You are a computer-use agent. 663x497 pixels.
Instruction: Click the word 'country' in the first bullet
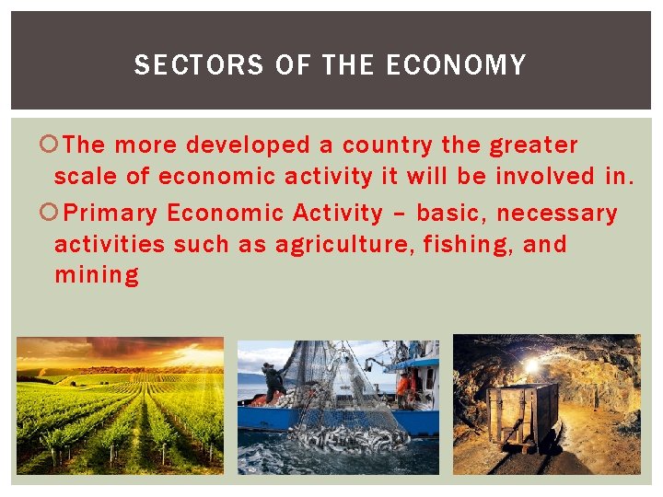click(387, 145)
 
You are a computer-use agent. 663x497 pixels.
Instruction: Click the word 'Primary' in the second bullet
click(111, 214)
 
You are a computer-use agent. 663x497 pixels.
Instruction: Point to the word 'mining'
click(97, 275)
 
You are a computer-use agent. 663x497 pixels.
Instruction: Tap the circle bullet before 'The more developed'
click(52, 145)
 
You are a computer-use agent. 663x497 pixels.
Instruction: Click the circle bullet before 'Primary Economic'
click(52, 214)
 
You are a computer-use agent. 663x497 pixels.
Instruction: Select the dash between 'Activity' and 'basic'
click(400, 214)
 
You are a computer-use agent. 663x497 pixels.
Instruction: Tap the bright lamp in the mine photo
click(532, 365)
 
